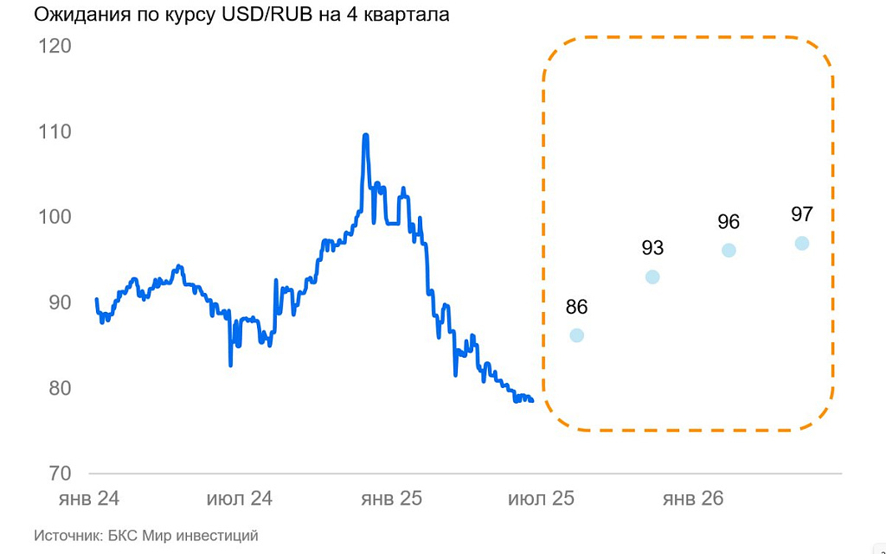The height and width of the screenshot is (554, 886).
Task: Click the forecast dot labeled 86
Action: point(577,335)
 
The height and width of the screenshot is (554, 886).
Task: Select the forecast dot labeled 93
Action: point(652,277)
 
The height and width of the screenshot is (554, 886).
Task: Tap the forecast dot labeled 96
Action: point(729,251)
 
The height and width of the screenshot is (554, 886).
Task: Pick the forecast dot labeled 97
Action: point(802,243)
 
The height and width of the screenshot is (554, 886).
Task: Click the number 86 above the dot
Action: point(577,307)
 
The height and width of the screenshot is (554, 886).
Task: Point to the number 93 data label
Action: point(652,249)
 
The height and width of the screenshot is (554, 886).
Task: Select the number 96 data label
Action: point(729,222)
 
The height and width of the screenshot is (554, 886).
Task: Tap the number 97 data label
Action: point(802,214)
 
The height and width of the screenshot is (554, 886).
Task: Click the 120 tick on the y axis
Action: point(54,46)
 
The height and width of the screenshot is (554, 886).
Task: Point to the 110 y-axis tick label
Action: point(54,132)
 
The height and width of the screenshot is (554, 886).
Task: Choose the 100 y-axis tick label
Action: point(54,217)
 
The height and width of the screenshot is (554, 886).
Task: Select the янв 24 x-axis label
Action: point(88,500)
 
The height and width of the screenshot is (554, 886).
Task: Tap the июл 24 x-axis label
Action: point(240,500)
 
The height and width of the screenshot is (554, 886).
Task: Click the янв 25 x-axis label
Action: point(390,500)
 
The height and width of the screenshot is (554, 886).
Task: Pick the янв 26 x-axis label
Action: point(692,500)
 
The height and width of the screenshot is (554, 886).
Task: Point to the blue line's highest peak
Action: point(365,136)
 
